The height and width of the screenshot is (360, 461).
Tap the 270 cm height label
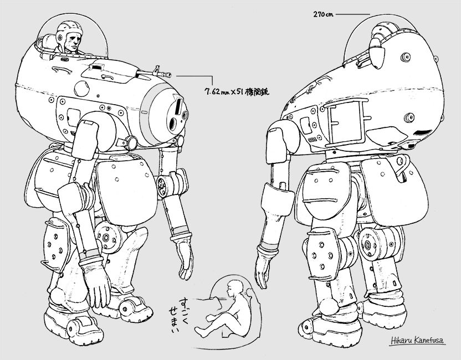coord(323,14)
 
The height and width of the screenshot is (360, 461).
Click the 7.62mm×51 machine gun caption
coord(237,91)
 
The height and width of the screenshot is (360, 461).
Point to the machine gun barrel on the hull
coord(153,71)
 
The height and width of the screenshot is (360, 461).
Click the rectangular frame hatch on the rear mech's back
coord(346,122)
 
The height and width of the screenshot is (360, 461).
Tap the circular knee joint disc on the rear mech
coord(367,244)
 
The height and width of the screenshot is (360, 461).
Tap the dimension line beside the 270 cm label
coord(353,14)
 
